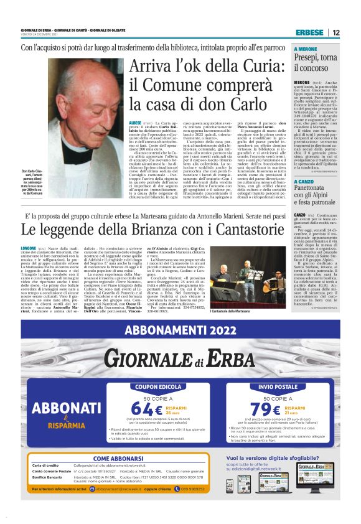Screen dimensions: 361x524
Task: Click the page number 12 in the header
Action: point(335,32)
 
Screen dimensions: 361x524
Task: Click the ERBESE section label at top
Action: point(309,32)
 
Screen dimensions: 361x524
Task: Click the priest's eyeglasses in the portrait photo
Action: point(82,87)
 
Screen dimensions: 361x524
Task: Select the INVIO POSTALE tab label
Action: point(278,386)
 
